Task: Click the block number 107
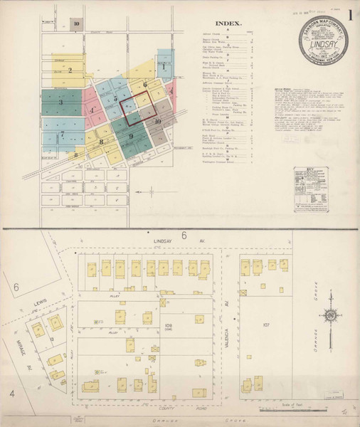click(x=267, y=327)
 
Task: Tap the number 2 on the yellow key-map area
click(x=70, y=70)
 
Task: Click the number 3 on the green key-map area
click(x=60, y=103)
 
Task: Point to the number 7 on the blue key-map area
click(x=63, y=133)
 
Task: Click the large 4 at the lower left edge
click(x=11, y=393)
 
